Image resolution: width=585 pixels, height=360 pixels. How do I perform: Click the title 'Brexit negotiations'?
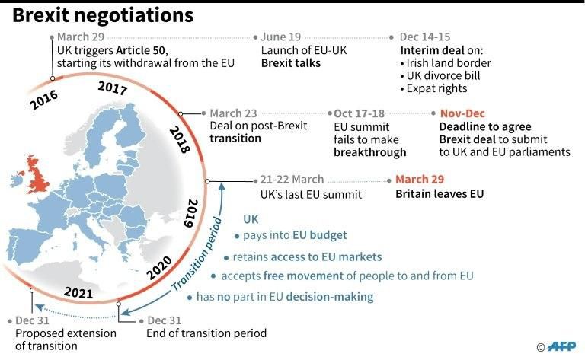coord(102,15)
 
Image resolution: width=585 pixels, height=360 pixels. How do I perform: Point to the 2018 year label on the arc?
coord(179,139)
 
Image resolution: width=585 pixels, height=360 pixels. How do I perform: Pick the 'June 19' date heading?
coord(280,37)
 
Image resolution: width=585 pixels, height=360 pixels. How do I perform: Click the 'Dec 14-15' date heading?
coord(425,37)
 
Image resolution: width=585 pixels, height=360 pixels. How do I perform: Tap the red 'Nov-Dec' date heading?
coord(462,114)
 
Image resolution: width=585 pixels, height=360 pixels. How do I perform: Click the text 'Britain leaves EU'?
coord(440,194)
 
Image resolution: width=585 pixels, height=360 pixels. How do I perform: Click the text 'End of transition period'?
coord(206,333)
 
